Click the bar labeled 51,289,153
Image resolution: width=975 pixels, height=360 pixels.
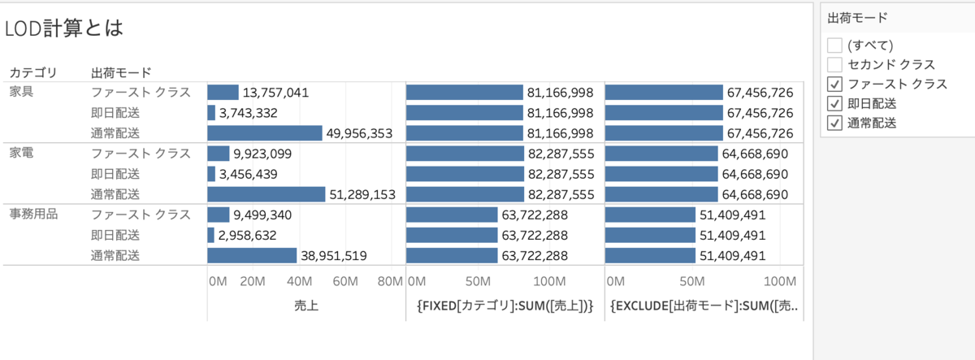coord(266,194)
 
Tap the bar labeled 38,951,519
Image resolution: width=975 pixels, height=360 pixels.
coord(252,255)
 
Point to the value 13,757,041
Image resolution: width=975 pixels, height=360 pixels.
coord(275,93)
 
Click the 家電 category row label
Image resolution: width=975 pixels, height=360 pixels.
coord(22,152)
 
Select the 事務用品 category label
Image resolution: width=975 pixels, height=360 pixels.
coord(33,215)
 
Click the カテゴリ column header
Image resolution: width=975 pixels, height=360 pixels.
coord(32,72)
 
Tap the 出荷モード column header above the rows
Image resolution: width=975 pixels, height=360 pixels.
coord(122,72)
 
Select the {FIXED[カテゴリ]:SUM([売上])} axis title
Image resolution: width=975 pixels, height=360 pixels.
coord(504,306)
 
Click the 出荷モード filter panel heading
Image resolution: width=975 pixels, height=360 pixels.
coord(857,17)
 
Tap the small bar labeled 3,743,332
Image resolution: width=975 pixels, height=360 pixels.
coord(211,113)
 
